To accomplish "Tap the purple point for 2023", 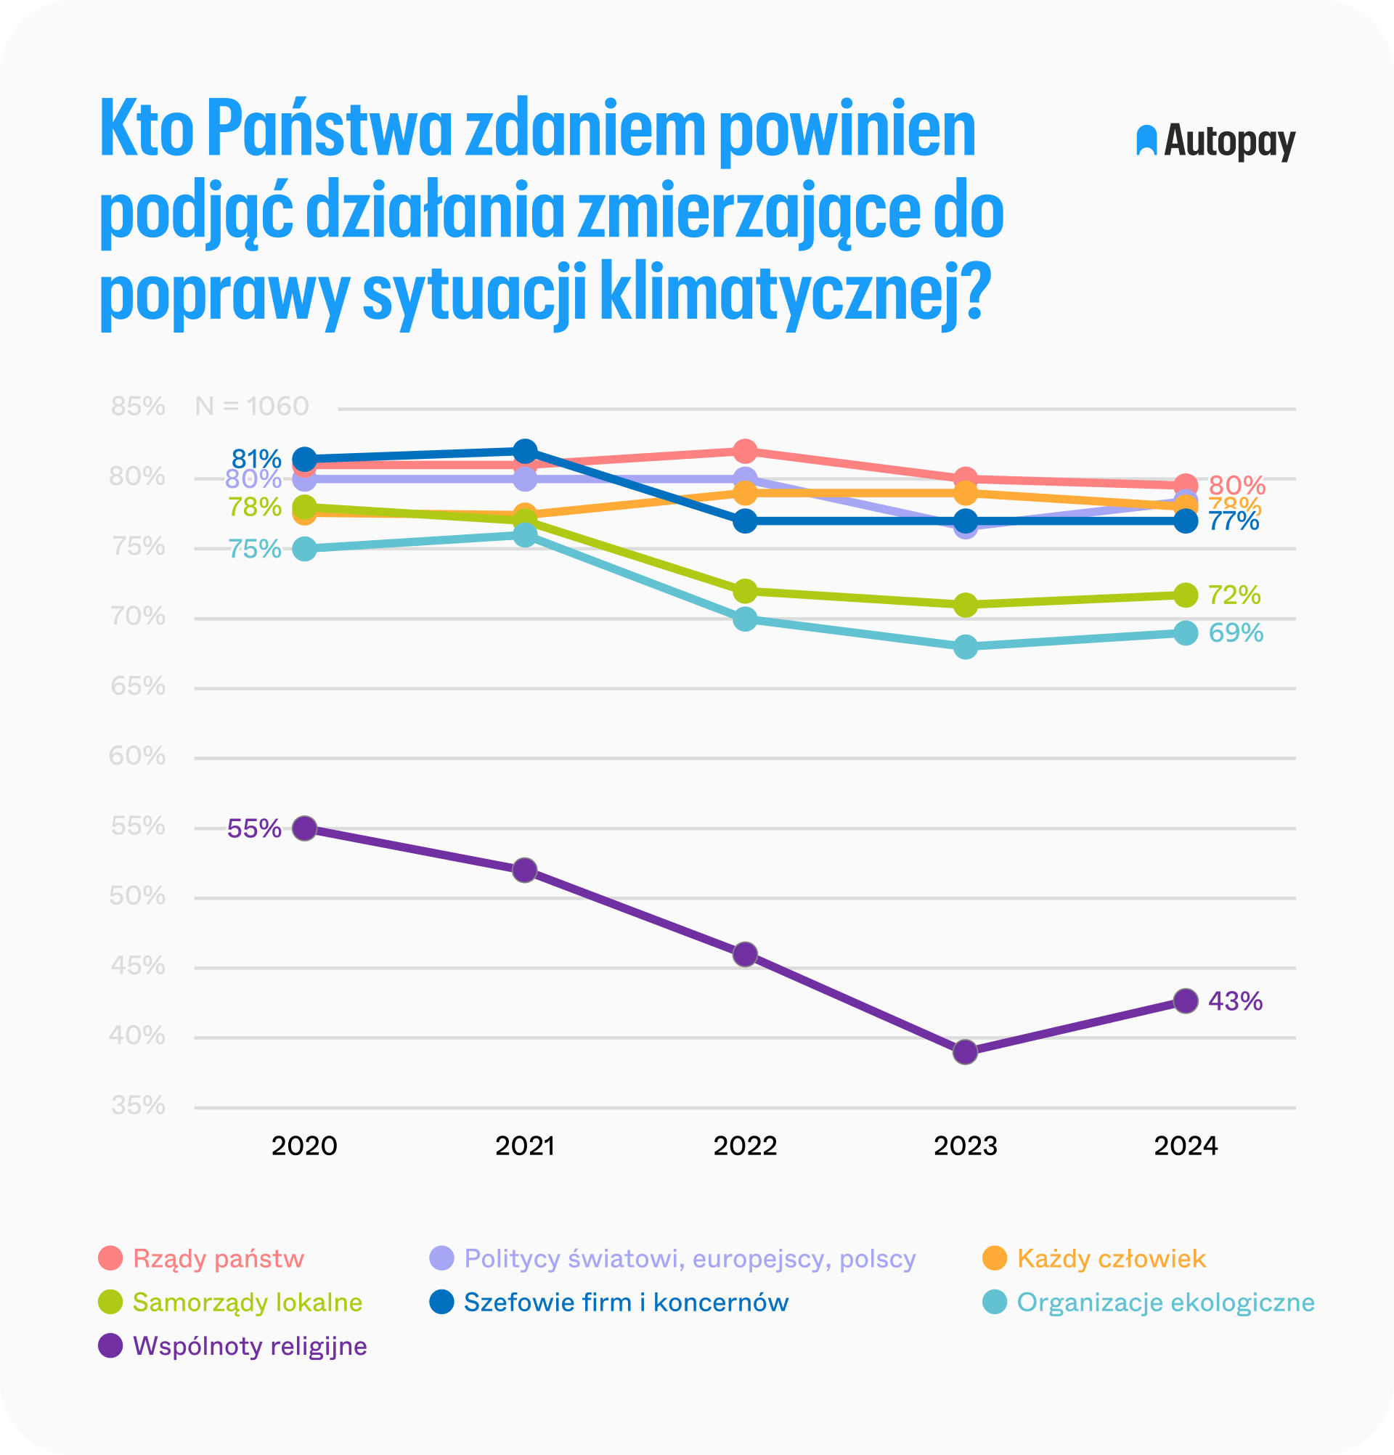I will pyautogui.click(x=965, y=1052).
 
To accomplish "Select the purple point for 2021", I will pyautogui.click(x=525, y=870).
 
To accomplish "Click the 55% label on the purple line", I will pyautogui.click(x=254, y=828).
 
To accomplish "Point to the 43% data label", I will pyautogui.click(x=1235, y=1001).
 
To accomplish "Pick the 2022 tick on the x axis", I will pyautogui.click(x=744, y=1146).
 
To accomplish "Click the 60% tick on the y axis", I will pyautogui.click(x=137, y=757).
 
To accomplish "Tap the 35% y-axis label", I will pyautogui.click(x=138, y=1106).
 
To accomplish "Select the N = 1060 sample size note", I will pyautogui.click(x=252, y=406).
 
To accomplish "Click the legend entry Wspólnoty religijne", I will pyautogui.click(x=250, y=1346).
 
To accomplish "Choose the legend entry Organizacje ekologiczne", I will pyautogui.click(x=1165, y=1302).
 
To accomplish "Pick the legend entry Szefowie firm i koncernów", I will pyautogui.click(x=626, y=1302).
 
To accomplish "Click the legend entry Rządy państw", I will pyautogui.click(x=219, y=1258).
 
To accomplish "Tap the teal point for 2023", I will pyautogui.click(x=965, y=647).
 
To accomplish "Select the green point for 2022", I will pyautogui.click(x=745, y=591).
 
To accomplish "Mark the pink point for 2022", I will pyautogui.click(x=745, y=451).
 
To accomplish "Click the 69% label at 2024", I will pyautogui.click(x=1235, y=632).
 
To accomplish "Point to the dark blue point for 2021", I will pyautogui.click(x=525, y=451).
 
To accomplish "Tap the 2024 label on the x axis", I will pyautogui.click(x=1186, y=1146).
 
